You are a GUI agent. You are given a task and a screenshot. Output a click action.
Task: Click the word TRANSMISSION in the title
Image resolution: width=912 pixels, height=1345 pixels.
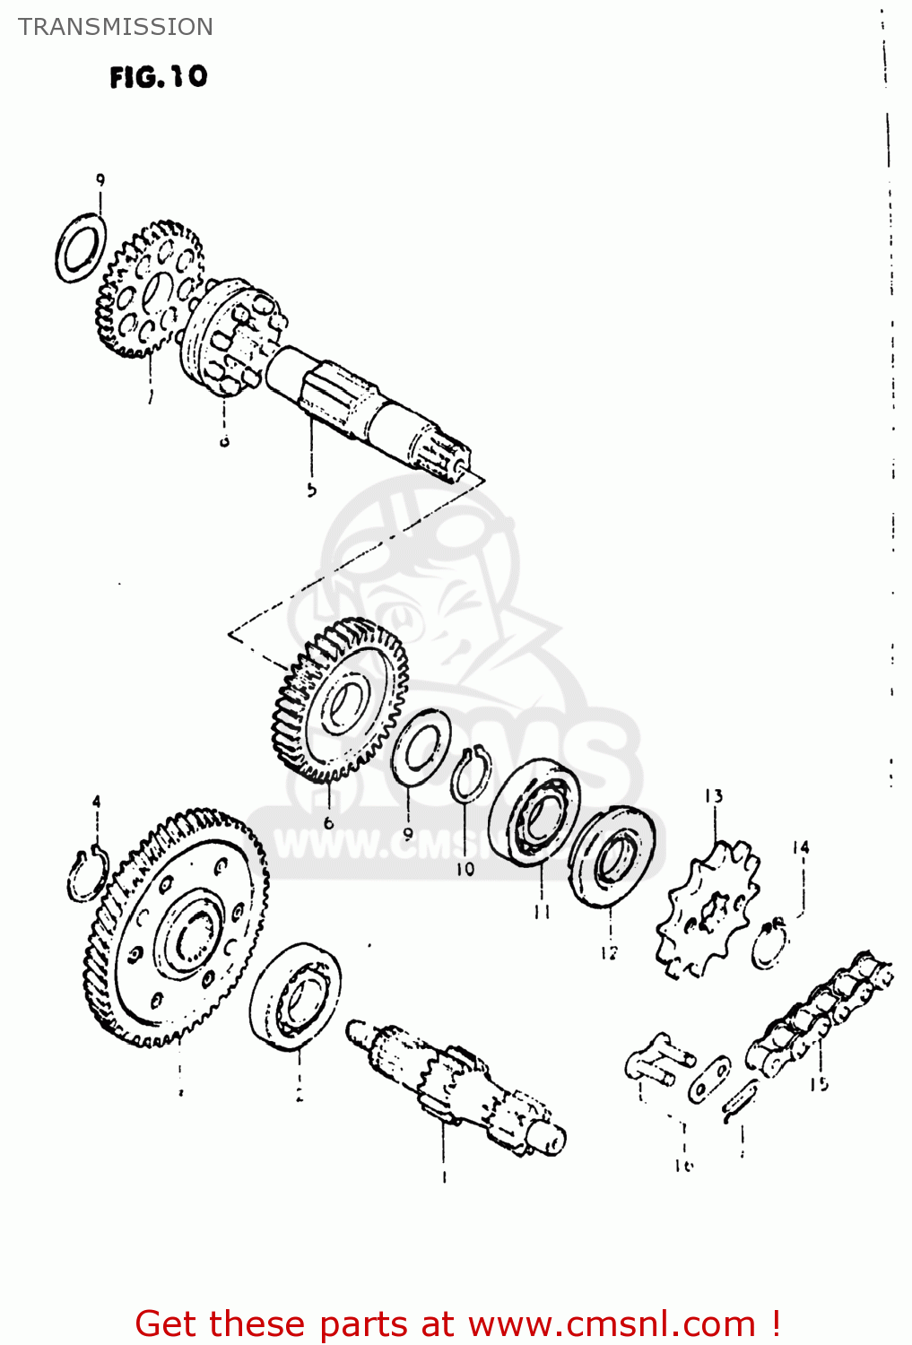pyautogui.click(x=116, y=27)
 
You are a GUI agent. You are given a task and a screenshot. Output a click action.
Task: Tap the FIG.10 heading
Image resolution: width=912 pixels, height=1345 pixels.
pyautogui.click(x=158, y=77)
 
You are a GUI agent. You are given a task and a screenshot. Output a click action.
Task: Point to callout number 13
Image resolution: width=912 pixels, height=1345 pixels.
pyautogui.click(x=713, y=796)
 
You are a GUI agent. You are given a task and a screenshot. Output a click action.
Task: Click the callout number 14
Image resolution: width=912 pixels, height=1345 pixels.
pyautogui.click(x=801, y=847)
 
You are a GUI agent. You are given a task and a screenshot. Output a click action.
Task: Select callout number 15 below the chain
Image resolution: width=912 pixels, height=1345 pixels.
pyautogui.click(x=819, y=1084)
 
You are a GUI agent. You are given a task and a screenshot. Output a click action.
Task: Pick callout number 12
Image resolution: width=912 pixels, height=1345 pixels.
pyautogui.click(x=609, y=953)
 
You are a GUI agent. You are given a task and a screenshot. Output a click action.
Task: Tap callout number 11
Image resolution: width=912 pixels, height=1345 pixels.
pyautogui.click(x=542, y=912)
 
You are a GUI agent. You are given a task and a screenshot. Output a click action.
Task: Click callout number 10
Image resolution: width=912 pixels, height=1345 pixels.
pyautogui.click(x=465, y=869)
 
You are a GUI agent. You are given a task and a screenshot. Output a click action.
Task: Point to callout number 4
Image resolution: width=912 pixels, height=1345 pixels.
pyautogui.click(x=96, y=802)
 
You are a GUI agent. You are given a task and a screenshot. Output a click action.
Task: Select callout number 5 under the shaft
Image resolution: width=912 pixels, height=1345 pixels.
pyautogui.click(x=311, y=490)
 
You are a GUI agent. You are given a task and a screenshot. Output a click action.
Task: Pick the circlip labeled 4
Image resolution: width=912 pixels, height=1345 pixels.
pyautogui.click(x=87, y=874)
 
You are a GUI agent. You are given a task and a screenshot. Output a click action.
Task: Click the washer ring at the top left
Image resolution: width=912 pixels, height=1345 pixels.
pyautogui.click(x=81, y=247)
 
